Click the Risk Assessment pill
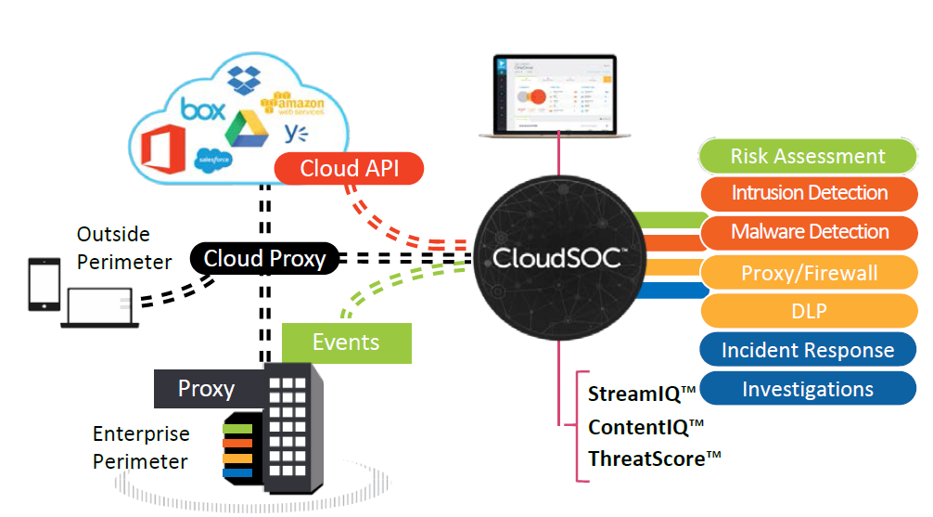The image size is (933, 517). point(808,156)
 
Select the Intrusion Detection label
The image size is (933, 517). point(809,193)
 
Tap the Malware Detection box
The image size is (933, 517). point(809,232)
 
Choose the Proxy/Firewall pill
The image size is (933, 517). point(809,273)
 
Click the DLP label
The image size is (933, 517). point(809,312)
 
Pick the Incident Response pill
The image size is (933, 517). point(807,350)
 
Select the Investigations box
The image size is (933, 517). point(807,389)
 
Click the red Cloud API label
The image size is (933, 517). point(350,169)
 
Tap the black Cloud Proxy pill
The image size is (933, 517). point(264,258)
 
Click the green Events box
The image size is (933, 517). point(346,342)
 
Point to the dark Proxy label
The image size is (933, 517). point(206,388)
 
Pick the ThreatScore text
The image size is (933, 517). point(655,458)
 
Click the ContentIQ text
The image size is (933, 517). point(645,426)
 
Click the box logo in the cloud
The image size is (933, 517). point(203,110)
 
